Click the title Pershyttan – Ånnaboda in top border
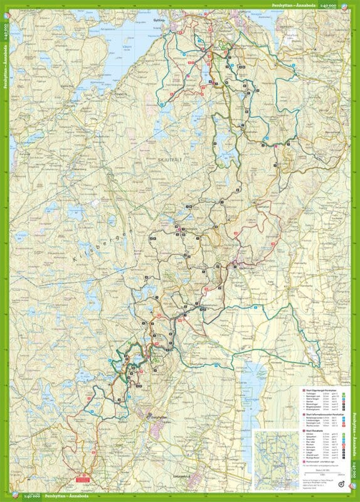pyautogui.click(x=294, y=5)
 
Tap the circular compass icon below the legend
pyautogui.click(x=340, y=483)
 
